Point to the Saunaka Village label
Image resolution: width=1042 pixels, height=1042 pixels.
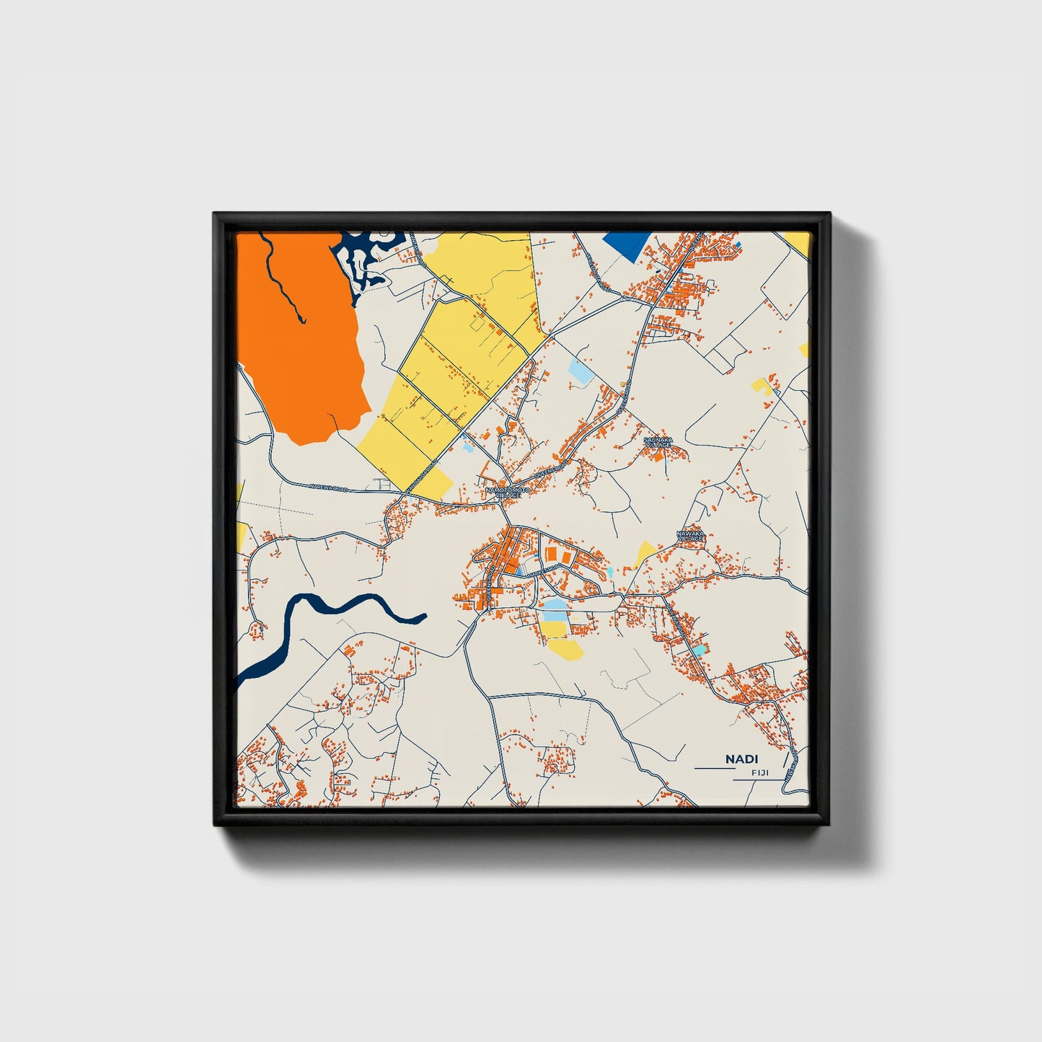[658, 441]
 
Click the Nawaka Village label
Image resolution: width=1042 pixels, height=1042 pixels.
[689, 536]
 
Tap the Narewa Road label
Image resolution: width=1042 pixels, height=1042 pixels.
[328, 488]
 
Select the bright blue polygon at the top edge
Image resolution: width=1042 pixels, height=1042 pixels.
[625, 244]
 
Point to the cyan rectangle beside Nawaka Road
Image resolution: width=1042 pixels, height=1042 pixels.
[698, 650]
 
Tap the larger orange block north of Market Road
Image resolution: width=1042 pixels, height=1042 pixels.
[551, 554]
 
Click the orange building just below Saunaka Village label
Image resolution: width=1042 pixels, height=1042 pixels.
[661, 453]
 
